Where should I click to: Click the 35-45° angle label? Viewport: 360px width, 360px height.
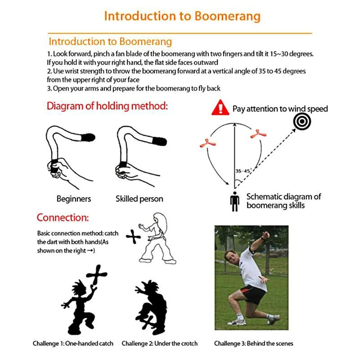coord(243,171)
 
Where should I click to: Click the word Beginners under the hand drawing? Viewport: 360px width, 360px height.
coord(74,198)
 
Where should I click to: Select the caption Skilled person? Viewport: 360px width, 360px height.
coord(139,198)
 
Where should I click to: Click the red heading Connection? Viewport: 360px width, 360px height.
coord(63,218)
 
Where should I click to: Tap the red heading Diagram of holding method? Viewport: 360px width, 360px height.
coord(107,107)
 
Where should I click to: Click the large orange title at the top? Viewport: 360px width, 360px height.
coord(182,16)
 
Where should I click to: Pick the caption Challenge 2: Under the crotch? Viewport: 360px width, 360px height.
coord(159,343)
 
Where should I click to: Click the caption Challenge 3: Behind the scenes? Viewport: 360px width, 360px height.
coord(253,343)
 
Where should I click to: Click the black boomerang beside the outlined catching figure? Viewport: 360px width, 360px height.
coord(134,237)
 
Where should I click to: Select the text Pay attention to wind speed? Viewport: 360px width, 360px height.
coord(280,109)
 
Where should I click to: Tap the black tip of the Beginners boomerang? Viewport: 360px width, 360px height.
coord(88,137)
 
